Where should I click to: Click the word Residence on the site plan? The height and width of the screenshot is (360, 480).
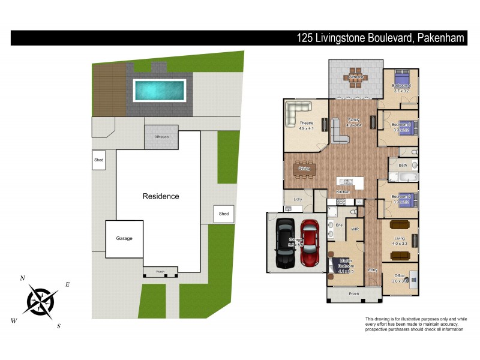click(160, 196)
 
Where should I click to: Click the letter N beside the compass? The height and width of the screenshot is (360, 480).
click(23, 278)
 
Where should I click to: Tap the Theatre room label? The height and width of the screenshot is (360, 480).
click(306, 124)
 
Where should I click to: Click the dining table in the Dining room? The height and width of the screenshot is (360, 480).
click(305, 169)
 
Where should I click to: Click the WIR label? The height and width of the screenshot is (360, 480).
click(355, 229)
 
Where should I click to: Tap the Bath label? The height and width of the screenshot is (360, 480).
click(402, 165)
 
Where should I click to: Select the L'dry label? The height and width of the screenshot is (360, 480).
click(297, 199)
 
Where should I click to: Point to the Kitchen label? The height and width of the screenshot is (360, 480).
click(343, 192)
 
